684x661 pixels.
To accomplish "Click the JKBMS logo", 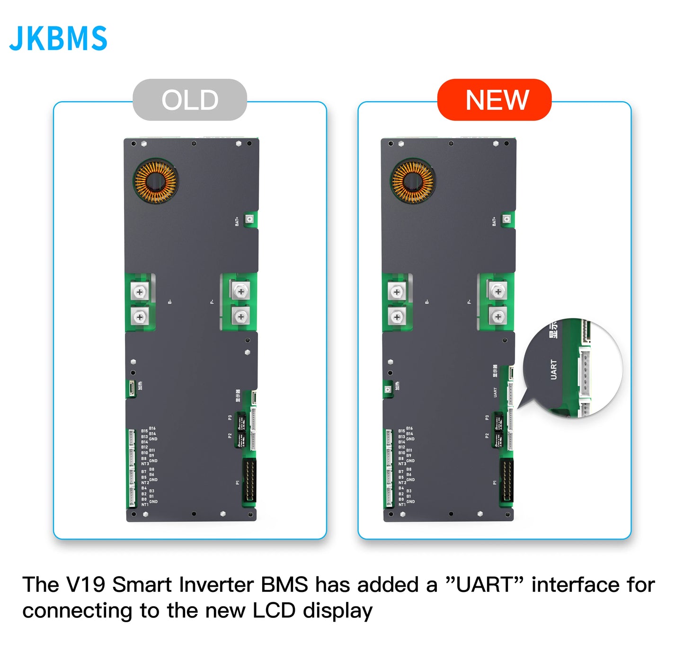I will (x=58, y=38).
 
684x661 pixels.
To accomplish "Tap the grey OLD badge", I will (x=190, y=100).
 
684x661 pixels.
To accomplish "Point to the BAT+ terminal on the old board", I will (x=249, y=219).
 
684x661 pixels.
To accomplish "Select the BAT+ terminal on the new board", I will (x=506, y=219).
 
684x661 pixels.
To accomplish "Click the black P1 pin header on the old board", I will (x=249, y=480).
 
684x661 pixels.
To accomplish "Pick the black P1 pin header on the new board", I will (x=506, y=480).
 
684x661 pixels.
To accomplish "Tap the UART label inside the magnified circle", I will (x=553, y=369).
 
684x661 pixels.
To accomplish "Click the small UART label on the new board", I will (x=495, y=392).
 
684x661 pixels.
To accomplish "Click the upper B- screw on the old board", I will (x=139, y=292).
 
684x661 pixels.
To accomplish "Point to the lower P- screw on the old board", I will (x=241, y=316).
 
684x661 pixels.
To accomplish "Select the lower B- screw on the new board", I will (x=397, y=317).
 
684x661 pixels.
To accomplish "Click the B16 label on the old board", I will (x=152, y=428).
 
